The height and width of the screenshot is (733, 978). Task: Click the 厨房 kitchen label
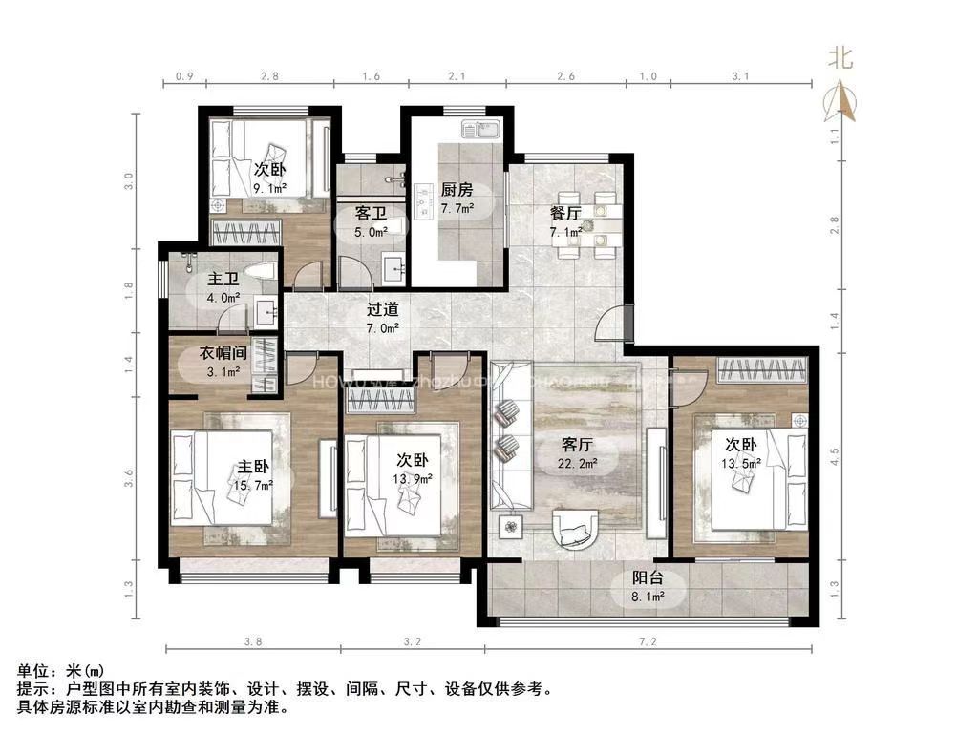(457, 189)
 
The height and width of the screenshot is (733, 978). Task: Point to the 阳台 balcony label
(648, 577)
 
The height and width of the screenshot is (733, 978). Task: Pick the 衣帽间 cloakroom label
(223, 353)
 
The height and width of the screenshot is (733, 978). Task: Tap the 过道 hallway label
(383, 309)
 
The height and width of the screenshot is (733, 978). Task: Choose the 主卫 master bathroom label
(223, 279)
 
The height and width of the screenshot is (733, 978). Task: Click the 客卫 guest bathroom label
(371, 212)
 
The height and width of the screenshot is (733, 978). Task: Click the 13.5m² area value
(745, 464)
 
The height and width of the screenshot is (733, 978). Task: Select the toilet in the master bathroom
(259, 272)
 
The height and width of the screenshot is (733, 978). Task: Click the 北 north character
(840, 59)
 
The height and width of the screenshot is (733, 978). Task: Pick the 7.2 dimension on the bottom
(648, 641)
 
